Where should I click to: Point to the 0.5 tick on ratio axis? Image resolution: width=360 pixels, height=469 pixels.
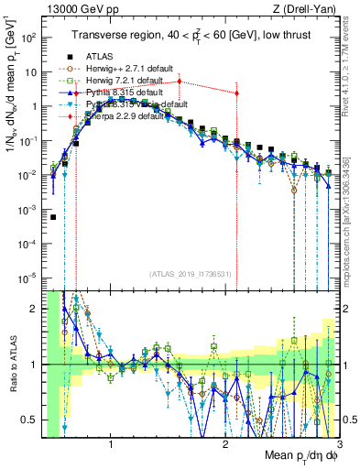click(29, 420)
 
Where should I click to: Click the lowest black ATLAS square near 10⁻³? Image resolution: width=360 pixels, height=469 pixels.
click(53, 217)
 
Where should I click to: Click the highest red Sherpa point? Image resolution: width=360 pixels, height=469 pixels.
click(180, 82)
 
